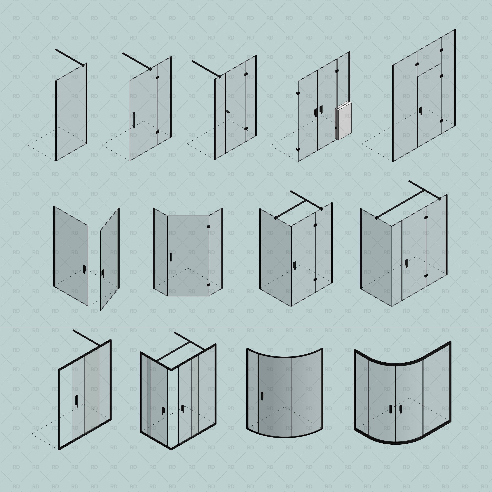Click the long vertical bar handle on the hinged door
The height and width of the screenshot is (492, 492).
[x=133, y=120]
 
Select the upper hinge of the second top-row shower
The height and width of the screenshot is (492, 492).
[x=157, y=77]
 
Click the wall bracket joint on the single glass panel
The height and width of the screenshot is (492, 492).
[x=83, y=65]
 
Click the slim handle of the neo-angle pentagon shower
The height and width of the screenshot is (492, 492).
[x=171, y=257]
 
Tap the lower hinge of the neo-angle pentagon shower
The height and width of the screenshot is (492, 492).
[x=208, y=285]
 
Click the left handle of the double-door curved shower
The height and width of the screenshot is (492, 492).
[x=391, y=409]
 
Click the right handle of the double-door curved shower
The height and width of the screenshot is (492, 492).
[x=400, y=409]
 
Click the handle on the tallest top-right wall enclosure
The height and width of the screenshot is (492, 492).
[x=421, y=110]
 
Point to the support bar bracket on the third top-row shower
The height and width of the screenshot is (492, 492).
[x=220, y=76]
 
